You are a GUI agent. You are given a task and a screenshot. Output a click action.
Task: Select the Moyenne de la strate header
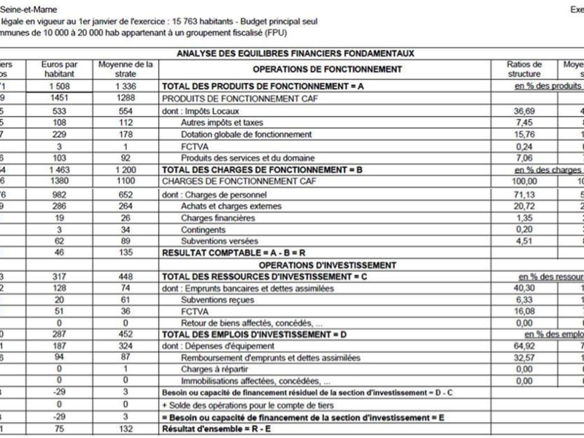126,69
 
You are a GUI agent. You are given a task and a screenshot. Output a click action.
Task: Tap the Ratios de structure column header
523,69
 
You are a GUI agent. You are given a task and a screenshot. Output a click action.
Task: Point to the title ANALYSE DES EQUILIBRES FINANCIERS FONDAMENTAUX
296,53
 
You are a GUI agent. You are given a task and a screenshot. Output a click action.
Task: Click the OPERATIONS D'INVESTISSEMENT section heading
327,264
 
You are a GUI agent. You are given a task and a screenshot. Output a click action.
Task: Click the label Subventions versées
217,241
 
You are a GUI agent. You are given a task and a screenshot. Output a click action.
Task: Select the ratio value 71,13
524,195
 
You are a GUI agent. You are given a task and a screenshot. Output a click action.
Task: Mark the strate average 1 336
126,86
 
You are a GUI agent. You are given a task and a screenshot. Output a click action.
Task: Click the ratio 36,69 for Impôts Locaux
524,111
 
